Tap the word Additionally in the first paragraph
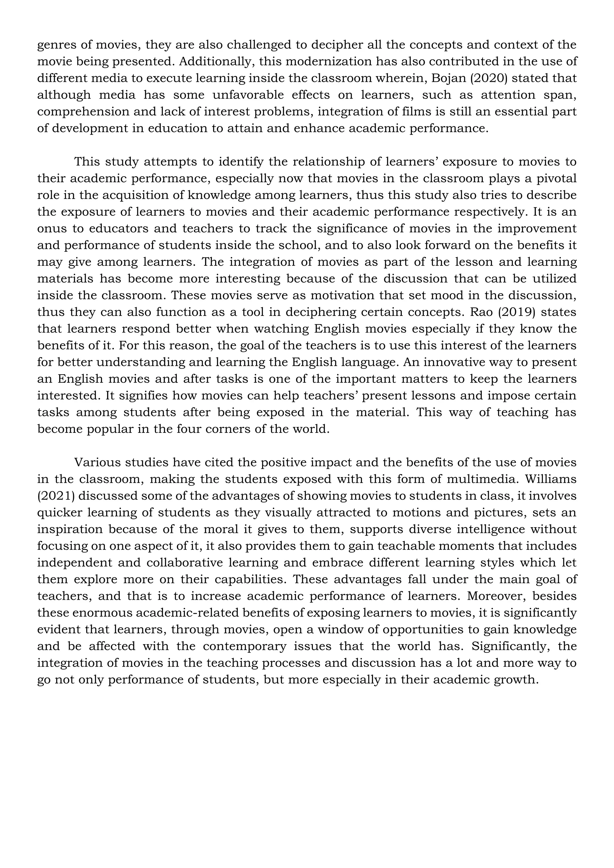[x=216, y=62]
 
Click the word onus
[x=52, y=229]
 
